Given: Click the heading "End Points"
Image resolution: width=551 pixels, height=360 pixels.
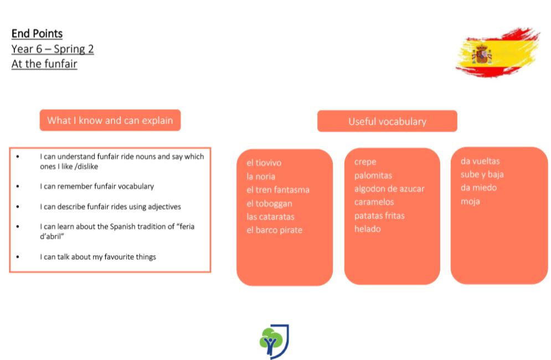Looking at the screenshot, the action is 37,34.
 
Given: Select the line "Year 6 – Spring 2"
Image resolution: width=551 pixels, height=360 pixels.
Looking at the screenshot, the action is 53,49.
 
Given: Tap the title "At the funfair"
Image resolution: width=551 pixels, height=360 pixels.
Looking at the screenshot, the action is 44,64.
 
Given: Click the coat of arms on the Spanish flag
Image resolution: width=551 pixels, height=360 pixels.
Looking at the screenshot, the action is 482,55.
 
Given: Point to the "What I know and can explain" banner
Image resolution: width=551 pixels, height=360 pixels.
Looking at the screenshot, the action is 110,120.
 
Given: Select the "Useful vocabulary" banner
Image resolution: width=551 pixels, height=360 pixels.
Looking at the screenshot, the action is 387,121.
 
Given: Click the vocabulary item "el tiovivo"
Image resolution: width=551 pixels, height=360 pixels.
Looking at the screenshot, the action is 264,163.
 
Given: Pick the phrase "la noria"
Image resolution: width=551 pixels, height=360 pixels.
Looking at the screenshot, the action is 261,177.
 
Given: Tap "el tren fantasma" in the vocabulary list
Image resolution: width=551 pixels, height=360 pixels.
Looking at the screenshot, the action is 278,190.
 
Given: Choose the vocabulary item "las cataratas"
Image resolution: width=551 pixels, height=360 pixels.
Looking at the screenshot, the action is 270,217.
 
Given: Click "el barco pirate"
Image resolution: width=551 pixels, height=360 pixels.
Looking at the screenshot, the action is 275,230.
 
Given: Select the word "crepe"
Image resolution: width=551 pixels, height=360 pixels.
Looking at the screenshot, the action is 365,162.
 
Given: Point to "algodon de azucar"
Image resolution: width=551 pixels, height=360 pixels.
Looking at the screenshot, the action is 389,189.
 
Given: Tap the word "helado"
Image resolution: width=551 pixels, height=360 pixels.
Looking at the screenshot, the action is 368,229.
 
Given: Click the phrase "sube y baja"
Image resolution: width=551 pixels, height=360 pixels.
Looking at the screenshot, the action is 482,174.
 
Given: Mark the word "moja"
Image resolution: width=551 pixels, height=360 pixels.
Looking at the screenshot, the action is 470,202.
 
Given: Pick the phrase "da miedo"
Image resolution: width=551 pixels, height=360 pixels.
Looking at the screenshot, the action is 478,187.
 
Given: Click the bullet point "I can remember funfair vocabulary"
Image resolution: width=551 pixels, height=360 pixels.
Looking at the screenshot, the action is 97,186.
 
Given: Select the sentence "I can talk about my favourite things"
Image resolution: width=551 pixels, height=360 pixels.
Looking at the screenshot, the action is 98,257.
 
